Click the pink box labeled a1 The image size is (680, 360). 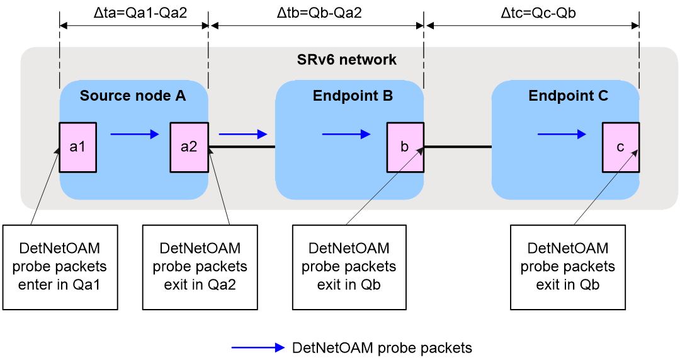(77, 147)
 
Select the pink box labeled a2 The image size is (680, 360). (189, 147)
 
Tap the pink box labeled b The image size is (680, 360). (405, 147)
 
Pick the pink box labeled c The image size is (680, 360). (621, 147)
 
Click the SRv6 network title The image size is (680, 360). (346, 59)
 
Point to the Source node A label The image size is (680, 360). (133, 96)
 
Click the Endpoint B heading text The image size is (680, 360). (353, 96)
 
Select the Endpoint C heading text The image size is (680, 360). (568, 96)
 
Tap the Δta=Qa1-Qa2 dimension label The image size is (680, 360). (140, 13)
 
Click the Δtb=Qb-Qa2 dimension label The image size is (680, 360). (319, 13)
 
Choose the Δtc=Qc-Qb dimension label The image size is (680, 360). (538, 13)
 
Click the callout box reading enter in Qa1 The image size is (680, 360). (60, 267)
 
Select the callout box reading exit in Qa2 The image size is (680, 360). (200, 267)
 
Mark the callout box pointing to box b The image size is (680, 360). (349, 267)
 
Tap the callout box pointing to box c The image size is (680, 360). (568, 267)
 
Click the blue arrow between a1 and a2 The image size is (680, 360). (135, 135)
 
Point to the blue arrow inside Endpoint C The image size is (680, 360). (562, 135)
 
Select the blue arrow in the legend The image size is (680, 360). (258, 347)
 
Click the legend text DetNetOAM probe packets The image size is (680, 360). (382, 347)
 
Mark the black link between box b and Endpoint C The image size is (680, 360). (458, 147)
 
